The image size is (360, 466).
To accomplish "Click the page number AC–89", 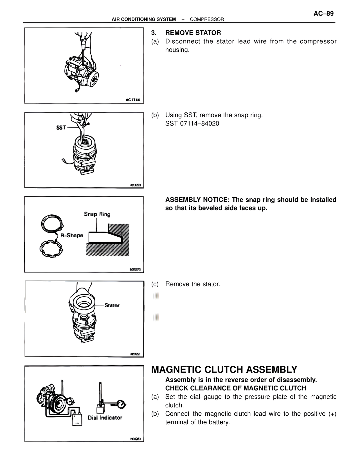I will (323, 14).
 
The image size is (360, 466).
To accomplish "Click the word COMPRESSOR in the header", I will (207, 19).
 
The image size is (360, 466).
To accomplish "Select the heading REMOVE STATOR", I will (193, 33).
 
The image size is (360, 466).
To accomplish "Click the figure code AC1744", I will (133, 100).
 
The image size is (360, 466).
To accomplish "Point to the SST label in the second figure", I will (61, 127).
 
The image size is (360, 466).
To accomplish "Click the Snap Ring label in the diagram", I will (97, 214).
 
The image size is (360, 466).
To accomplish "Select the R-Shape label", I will (72, 235).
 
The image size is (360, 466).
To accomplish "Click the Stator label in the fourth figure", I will (112, 305).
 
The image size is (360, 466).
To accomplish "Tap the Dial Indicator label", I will (105, 418).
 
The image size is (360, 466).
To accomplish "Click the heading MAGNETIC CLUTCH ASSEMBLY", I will (224, 369).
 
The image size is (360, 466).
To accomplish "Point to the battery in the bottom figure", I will (77, 419).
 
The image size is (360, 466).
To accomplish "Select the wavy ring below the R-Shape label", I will (51, 248).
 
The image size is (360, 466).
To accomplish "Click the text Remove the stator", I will (192, 284).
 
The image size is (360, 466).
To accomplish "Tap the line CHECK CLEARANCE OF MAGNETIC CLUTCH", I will (236, 388).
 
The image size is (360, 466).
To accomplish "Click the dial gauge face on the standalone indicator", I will (121, 405).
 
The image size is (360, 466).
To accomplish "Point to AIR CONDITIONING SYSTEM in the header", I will (144, 19).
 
